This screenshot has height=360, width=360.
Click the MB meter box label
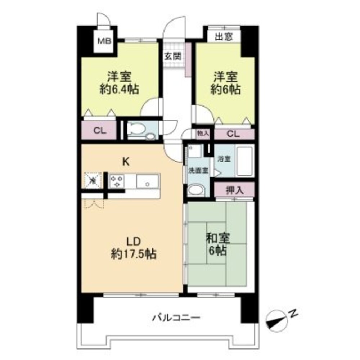[104, 41]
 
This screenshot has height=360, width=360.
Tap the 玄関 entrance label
[173, 56]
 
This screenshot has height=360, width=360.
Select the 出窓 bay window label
[224, 37]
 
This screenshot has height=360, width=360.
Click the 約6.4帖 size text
[120, 89]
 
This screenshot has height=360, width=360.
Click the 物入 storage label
[203, 133]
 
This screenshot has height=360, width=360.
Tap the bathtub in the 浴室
[245, 161]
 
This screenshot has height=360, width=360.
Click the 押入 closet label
[234, 190]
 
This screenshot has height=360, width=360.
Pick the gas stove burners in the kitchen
[117, 180]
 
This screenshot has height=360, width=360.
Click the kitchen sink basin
[148, 181]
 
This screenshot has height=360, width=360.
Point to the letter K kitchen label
[126, 162]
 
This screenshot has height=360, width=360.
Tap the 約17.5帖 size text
[134, 254]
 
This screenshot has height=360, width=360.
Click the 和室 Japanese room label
[218, 238]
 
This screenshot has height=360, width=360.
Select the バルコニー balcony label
[176, 318]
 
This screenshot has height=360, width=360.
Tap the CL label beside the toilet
[100, 131]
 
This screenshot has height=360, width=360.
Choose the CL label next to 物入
[233, 134]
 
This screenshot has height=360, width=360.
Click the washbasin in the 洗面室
[195, 190]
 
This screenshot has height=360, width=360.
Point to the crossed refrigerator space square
[93, 180]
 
